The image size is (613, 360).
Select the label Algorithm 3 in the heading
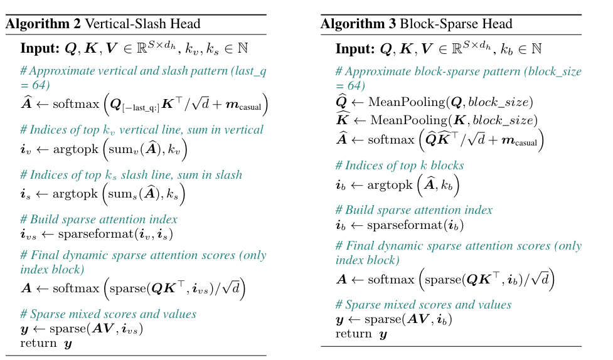tap(356, 24)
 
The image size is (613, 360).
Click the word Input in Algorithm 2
tap(40, 48)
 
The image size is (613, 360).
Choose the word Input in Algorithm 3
tap(354, 48)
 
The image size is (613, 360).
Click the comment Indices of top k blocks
tap(400, 166)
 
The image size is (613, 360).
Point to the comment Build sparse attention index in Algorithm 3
tap(414, 211)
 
